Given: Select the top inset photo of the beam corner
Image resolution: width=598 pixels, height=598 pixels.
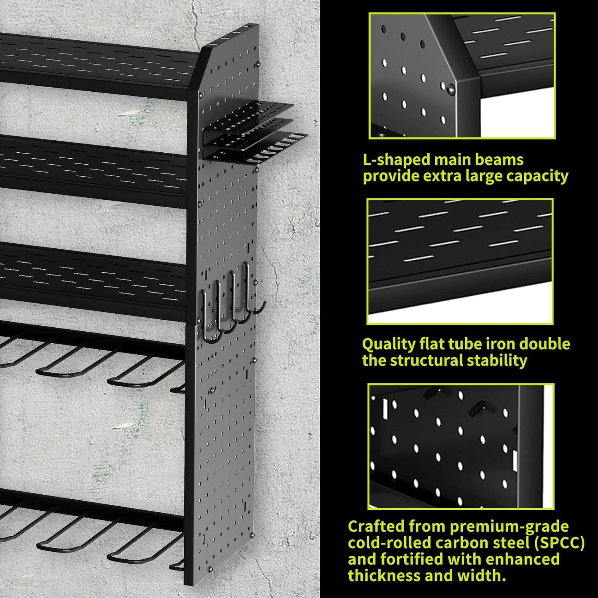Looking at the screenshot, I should tap(462, 76).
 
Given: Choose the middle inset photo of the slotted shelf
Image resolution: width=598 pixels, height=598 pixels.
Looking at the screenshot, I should tap(460, 262).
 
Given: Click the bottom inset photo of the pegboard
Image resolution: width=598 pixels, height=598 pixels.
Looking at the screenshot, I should tap(460, 447).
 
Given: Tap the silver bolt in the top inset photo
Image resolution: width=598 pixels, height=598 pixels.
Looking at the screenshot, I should tap(450, 90).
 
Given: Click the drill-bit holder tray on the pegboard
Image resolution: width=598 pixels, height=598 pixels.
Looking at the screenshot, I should tap(255, 132).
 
